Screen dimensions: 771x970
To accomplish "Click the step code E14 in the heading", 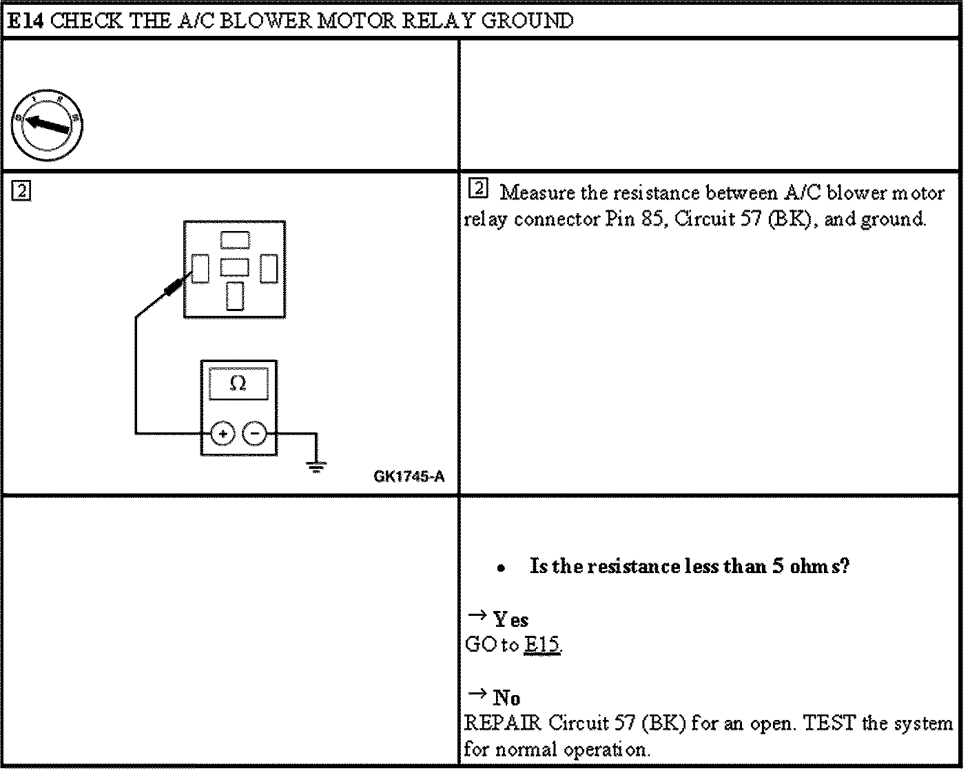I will pos(26,21).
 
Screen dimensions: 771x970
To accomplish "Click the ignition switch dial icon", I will pos(46,125).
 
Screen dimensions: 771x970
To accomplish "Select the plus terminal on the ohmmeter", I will pos(222,434).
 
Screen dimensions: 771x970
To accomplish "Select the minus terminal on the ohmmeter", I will pos(255,434).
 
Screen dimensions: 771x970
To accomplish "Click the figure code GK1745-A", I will pos(409,477).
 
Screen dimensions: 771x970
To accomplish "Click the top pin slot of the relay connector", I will pos(235,239).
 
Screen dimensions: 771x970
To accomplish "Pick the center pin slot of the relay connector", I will pos(235,267).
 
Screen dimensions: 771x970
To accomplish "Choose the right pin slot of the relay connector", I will pos(269,268).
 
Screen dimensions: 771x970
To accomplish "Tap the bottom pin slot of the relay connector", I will pos(235,296).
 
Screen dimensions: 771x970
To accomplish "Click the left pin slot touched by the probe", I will pos(200,268).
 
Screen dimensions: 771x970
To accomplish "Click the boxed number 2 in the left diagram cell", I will pos(21,191).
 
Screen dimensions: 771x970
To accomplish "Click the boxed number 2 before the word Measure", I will pos(478,188).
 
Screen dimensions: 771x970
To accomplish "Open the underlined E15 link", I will pos(542,645).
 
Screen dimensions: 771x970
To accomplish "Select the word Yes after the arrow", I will pos(510,619).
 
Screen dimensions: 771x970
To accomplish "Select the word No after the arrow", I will pos(506,698).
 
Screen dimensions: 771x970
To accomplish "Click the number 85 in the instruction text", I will pos(651,219).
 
